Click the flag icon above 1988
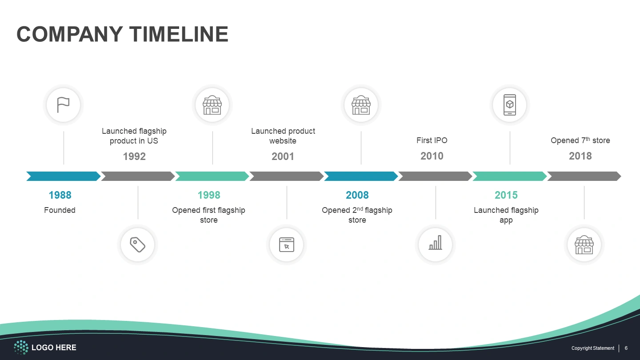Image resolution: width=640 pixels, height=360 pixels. click(x=63, y=105)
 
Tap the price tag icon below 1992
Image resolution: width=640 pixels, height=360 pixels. click(x=138, y=244)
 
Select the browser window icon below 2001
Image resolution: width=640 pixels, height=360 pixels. click(x=287, y=244)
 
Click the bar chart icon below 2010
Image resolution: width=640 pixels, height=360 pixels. click(x=436, y=243)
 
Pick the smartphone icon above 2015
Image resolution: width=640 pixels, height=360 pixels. click(x=510, y=105)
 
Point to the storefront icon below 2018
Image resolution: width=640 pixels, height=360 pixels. click(x=584, y=245)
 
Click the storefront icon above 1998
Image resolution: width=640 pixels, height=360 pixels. click(x=212, y=105)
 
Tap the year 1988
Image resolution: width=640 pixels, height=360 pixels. click(x=60, y=195)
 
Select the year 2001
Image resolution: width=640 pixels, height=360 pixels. click(x=283, y=156)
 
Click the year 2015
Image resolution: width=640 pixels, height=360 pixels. click(x=506, y=195)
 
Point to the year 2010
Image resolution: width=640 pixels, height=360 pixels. click(x=432, y=156)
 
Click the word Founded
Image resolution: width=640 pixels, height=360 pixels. click(x=60, y=210)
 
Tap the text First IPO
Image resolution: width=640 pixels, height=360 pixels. click(x=432, y=140)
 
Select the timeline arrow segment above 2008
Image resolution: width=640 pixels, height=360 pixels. click(x=361, y=176)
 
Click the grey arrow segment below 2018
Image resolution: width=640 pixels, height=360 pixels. click(x=584, y=176)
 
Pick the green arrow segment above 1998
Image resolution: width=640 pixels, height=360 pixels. click(x=212, y=176)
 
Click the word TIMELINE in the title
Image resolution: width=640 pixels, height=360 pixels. click(x=179, y=34)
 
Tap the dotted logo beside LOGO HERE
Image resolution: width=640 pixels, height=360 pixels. click(x=21, y=348)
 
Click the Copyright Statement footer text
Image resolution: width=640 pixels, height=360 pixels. click(x=592, y=348)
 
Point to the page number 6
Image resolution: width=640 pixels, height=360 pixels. click(x=626, y=348)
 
